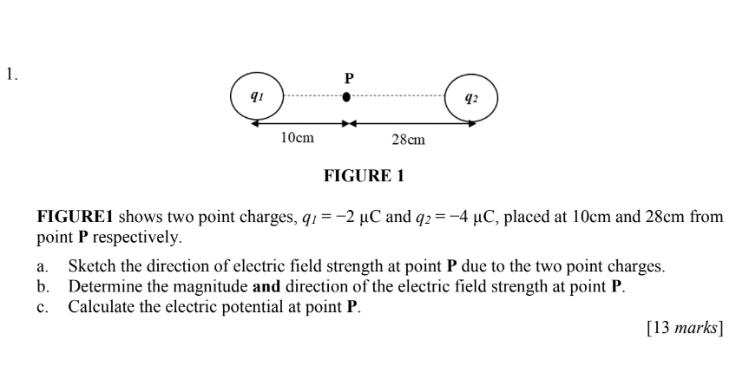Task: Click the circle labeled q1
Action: point(256,96)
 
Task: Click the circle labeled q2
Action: point(471,98)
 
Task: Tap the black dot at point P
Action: point(347,97)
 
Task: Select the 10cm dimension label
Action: point(298,138)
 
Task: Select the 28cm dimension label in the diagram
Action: point(409,139)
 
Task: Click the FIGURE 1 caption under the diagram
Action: point(364,176)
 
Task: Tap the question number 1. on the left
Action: point(11,75)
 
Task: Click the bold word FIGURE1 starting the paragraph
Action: point(76,216)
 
